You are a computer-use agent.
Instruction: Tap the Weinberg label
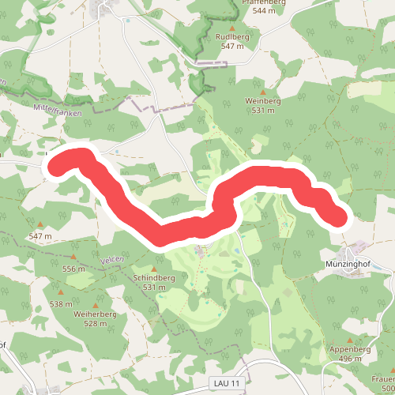[x=264, y=101]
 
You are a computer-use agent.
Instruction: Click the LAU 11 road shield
[x=227, y=383]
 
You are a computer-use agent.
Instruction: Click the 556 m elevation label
[x=73, y=269]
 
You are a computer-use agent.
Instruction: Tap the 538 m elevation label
[x=60, y=303]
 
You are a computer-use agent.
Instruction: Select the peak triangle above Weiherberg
[x=96, y=304]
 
